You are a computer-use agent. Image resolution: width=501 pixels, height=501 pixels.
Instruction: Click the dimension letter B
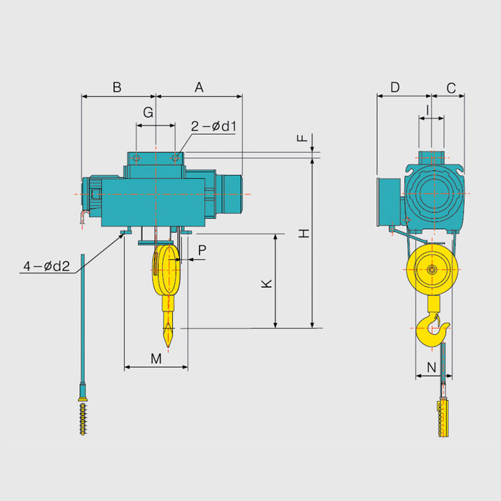pyautogui.click(x=117, y=87)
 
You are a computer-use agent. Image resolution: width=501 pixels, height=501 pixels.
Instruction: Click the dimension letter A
pyautogui.click(x=199, y=87)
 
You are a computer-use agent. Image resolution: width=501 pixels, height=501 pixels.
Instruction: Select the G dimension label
pyautogui.click(x=148, y=112)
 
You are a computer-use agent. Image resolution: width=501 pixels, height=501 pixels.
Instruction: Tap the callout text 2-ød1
pyautogui.click(x=214, y=126)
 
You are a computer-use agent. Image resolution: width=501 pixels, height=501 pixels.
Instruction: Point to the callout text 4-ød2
pyautogui.click(x=47, y=266)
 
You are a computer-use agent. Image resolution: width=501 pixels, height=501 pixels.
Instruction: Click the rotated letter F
pyautogui.click(x=302, y=138)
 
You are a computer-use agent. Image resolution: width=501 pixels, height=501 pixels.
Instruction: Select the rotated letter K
pyautogui.click(x=267, y=284)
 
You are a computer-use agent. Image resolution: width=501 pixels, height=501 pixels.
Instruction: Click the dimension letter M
pyautogui.click(x=156, y=359)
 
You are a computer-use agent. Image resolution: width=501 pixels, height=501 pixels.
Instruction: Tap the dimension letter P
pyautogui.click(x=202, y=251)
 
